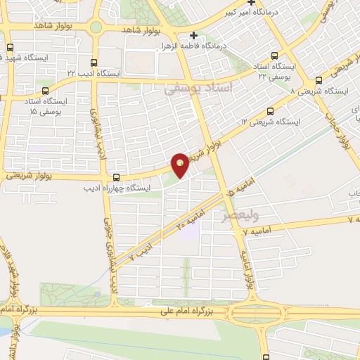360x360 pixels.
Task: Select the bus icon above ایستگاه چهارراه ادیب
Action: point(116,178)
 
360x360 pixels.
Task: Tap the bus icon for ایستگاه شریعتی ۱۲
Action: point(271,111)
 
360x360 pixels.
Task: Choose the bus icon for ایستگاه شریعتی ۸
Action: point(319,80)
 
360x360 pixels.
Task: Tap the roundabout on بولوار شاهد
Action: point(96,28)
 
